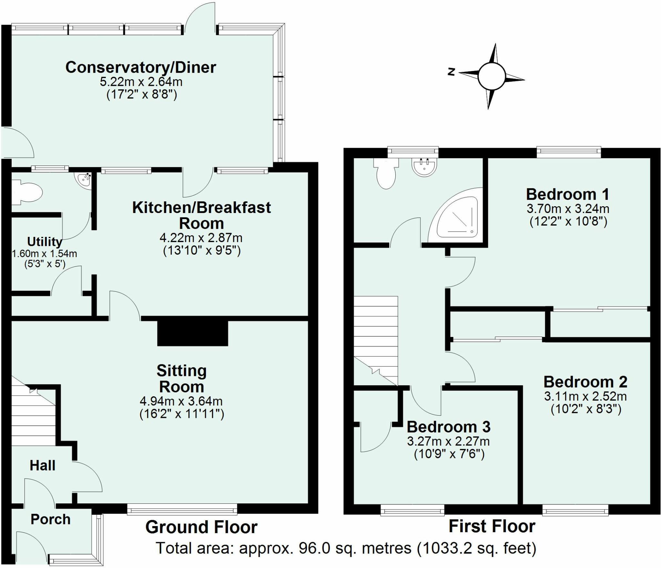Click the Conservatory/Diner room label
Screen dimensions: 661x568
[x=141, y=67]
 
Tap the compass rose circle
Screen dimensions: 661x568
[x=491, y=77]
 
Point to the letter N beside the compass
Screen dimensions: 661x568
[x=452, y=72]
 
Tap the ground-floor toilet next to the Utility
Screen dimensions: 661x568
[x=27, y=193]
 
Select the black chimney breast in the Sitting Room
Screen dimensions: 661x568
[x=193, y=333]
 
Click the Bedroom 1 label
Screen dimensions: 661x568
[x=568, y=194]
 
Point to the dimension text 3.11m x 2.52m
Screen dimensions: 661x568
[x=585, y=396]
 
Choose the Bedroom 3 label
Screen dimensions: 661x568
[x=449, y=427]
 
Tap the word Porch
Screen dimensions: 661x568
[x=50, y=519]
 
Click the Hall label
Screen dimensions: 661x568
[x=42, y=465]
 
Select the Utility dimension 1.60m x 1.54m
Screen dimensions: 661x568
[x=44, y=254]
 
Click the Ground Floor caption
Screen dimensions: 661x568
[x=201, y=527]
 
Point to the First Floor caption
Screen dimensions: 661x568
[x=492, y=526]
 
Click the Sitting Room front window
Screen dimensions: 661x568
[x=182, y=510]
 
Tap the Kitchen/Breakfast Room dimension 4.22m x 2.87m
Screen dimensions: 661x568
[x=201, y=238]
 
